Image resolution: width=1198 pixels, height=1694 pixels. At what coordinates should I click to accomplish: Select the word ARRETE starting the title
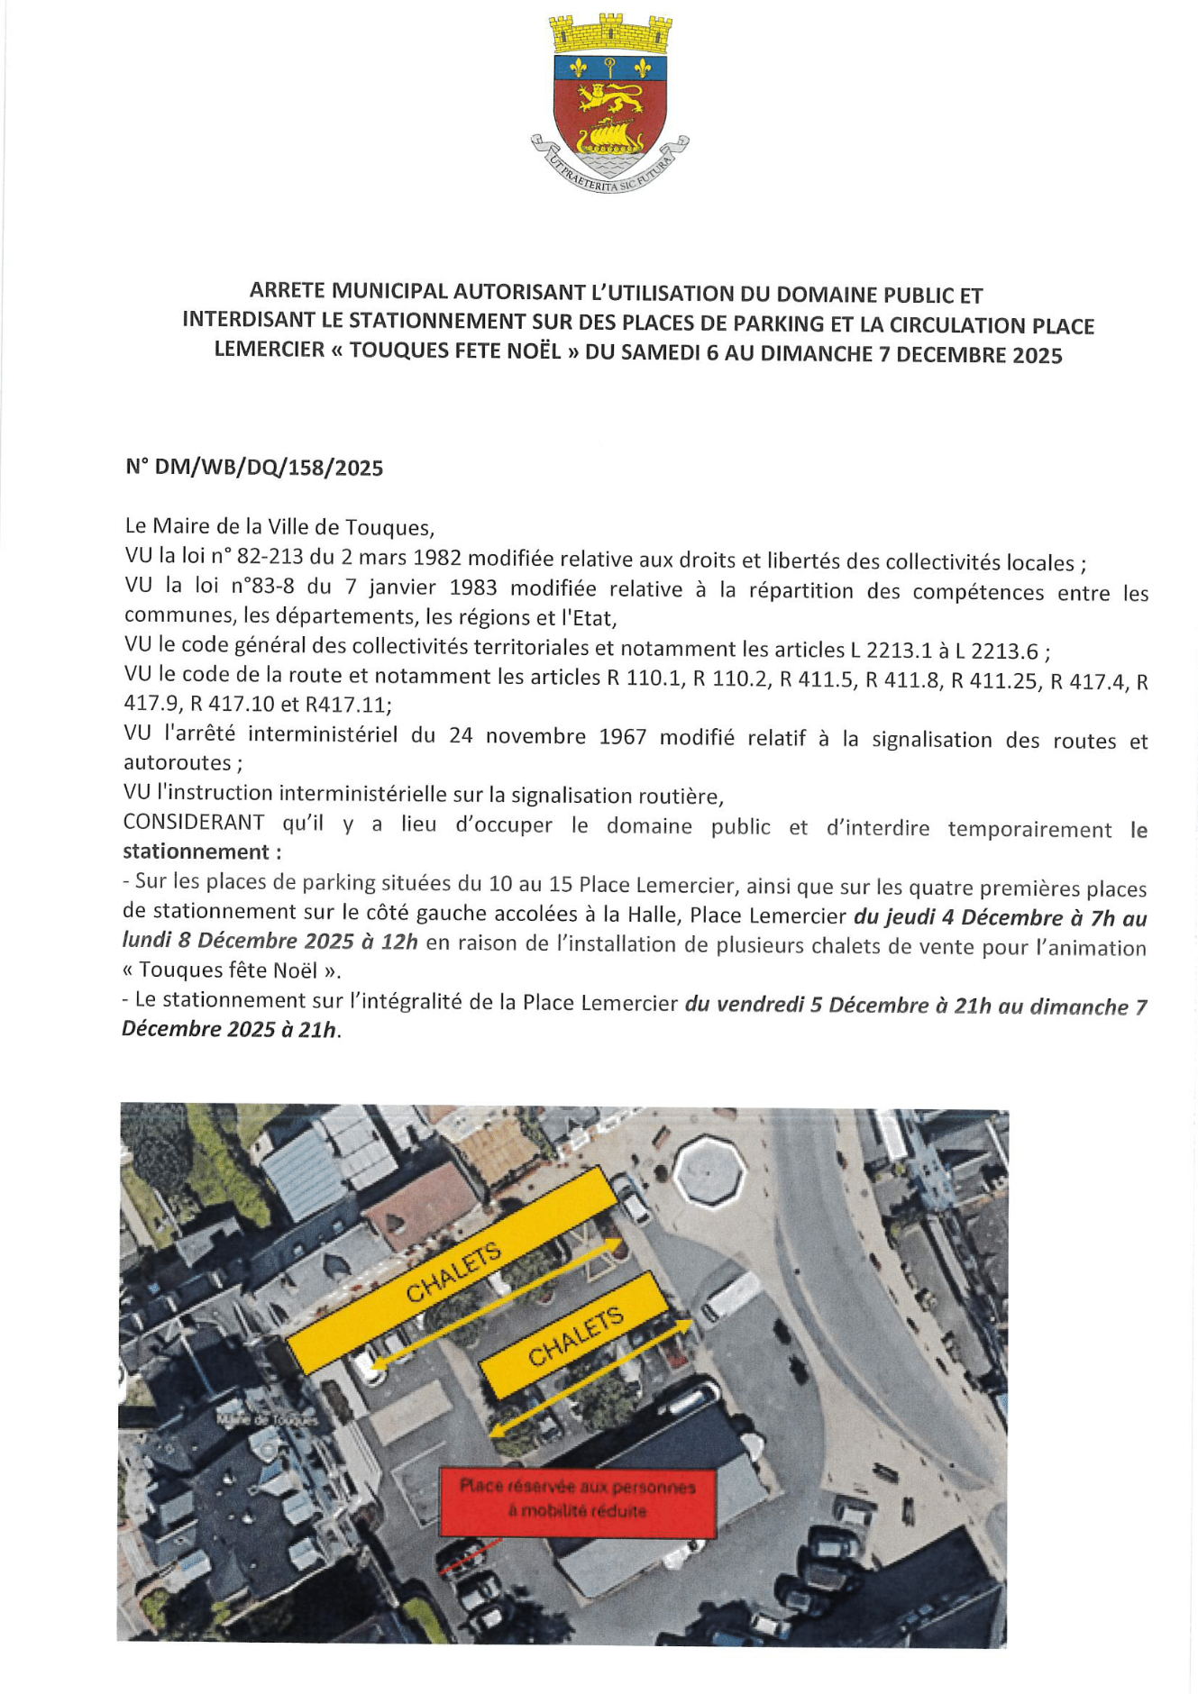(288, 290)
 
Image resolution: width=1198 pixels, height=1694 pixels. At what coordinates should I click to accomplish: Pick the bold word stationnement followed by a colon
(196, 852)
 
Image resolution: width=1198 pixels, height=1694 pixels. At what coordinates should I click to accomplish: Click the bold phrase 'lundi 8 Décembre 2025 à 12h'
(270, 941)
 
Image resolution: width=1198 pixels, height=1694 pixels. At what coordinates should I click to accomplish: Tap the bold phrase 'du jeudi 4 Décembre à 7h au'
(1000, 918)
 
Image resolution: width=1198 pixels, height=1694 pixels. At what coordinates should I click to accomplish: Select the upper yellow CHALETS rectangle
(453, 1270)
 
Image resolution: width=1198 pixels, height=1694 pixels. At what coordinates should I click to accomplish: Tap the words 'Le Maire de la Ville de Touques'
(279, 526)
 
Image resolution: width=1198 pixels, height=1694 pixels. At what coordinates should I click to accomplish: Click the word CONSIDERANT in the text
(194, 823)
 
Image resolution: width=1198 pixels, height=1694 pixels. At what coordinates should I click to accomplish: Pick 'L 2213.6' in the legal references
(1004, 651)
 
